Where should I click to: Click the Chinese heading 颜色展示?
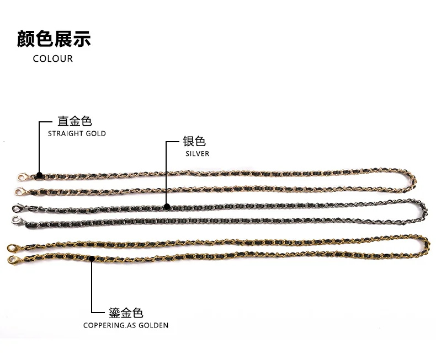pos(54,39)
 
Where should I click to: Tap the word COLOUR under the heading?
pos(53,58)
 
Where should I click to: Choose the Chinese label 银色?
pos(194,142)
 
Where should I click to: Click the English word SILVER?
pos(198,154)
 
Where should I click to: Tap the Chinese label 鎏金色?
pos(126,313)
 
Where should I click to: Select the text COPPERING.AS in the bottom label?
pos(107,325)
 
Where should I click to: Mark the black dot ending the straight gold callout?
pos(39,176)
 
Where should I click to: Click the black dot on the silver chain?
pos(167,207)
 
